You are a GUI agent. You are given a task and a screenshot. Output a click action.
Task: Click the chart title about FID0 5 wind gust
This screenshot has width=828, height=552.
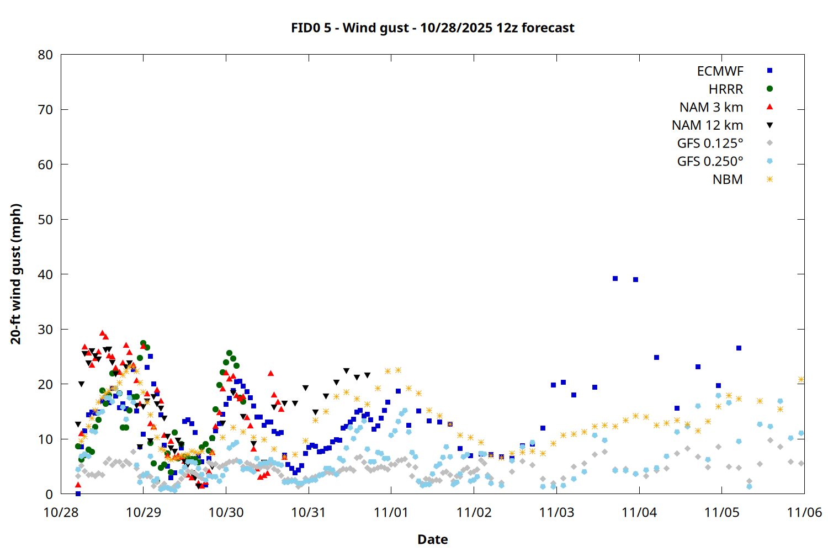tap(433, 28)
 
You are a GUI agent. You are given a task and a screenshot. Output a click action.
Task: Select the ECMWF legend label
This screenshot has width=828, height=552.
tap(720, 71)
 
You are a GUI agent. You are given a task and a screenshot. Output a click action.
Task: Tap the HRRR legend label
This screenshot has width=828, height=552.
tap(726, 89)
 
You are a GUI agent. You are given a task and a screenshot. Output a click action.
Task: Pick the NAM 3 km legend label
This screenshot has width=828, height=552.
tap(711, 107)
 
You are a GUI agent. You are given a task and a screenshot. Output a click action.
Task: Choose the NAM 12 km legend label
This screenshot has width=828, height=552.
tap(707, 125)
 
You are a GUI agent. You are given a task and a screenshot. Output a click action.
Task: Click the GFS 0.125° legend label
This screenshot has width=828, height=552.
tap(710, 144)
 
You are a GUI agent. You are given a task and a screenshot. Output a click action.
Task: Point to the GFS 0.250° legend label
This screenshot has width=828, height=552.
tap(710, 162)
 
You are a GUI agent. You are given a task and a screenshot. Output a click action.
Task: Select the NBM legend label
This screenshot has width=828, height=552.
tap(728, 179)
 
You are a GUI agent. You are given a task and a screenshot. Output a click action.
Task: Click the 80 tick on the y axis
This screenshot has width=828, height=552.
tap(46, 55)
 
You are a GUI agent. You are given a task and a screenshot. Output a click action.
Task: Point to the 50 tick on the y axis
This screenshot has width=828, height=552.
tap(46, 220)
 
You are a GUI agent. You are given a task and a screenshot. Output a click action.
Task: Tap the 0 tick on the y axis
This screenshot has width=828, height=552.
tap(50, 494)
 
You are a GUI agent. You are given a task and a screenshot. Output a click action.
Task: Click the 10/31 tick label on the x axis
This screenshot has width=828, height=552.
tap(309, 512)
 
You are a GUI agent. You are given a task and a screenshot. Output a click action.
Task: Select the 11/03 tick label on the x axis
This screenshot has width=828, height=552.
tap(556, 512)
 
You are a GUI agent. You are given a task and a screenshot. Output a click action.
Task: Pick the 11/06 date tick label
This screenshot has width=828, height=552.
tap(804, 512)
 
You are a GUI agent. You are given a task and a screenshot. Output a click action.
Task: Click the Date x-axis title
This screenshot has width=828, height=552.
tap(433, 539)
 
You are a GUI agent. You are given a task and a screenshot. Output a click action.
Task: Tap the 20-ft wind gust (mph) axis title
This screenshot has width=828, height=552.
tap(16, 274)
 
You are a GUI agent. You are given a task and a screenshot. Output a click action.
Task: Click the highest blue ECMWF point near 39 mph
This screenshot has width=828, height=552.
tap(615, 279)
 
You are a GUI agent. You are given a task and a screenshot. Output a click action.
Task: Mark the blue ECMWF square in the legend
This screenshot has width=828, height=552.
tap(769, 71)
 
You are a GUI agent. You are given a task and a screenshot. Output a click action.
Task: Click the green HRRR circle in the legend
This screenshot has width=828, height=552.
tap(769, 89)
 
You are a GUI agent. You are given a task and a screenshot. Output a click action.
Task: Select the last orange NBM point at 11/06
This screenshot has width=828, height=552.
tap(801, 380)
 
